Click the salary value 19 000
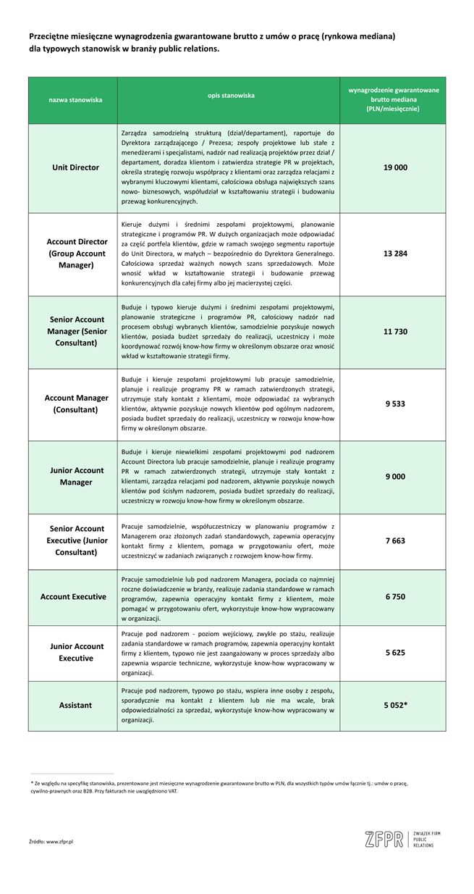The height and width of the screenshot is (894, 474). [395, 167]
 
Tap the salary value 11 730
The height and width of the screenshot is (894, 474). [395, 331]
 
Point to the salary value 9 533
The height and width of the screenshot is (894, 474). [395, 404]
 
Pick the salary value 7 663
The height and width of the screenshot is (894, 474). [395, 540]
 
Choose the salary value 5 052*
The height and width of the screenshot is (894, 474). [396, 704]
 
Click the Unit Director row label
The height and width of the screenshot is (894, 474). [76, 167]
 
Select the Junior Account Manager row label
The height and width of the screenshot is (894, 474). [76, 476]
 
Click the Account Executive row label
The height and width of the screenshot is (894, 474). [73, 596]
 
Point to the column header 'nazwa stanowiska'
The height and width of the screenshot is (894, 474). [75, 99]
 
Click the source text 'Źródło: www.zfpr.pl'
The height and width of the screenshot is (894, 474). [56, 841]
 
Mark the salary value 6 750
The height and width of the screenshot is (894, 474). [395, 596]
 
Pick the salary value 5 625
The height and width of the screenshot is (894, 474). [395, 652]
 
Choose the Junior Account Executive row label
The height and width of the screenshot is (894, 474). [76, 652]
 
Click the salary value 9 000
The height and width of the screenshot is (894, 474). [395, 476]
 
